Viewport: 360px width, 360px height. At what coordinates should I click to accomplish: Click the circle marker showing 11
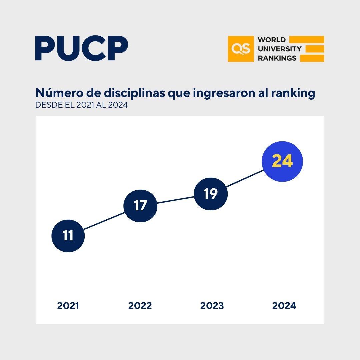click(x=68, y=236)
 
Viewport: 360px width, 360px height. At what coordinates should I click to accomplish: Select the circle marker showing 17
click(x=140, y=206)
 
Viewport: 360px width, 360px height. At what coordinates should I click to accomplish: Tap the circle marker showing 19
click(x=211, y=194)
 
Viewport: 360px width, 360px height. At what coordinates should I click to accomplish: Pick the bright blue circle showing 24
click(x=282, y=161)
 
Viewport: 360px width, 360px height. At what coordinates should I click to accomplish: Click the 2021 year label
click(x=68, y=306)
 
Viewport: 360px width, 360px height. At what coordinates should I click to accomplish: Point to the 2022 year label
click(x=140, y=306)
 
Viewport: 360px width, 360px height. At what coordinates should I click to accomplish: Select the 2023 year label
click(x=212, y=306)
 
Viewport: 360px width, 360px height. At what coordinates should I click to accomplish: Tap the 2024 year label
click(x=284, y=306)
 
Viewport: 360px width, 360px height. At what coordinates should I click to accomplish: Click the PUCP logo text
click(x=82, y=49)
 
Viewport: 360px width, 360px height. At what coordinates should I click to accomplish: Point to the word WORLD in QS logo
click(x=272, y=40)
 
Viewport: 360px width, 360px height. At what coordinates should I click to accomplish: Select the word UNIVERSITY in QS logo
click(x=279, y=49)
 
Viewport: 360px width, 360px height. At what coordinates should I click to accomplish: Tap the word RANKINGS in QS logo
click(x=277, y=58)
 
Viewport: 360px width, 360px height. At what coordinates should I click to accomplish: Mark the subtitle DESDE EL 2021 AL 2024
click(x=82, y=105)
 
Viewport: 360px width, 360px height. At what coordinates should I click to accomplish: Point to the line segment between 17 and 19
click(x=175, y=200)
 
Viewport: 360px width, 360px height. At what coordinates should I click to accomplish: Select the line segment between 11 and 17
click(x=104, y=221)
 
